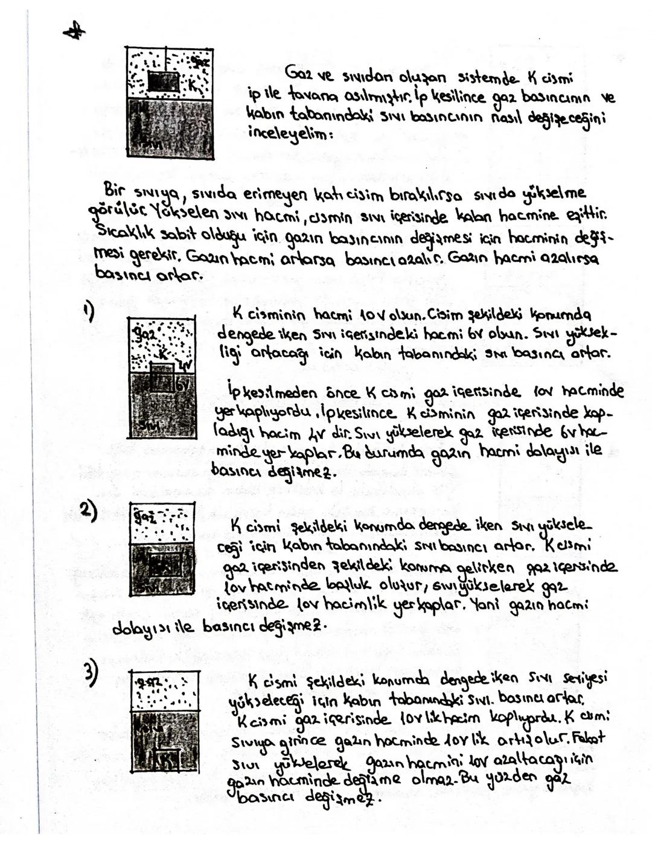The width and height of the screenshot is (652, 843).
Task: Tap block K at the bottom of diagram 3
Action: coord(166,758)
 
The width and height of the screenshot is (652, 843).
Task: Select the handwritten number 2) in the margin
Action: coord(89,510)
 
